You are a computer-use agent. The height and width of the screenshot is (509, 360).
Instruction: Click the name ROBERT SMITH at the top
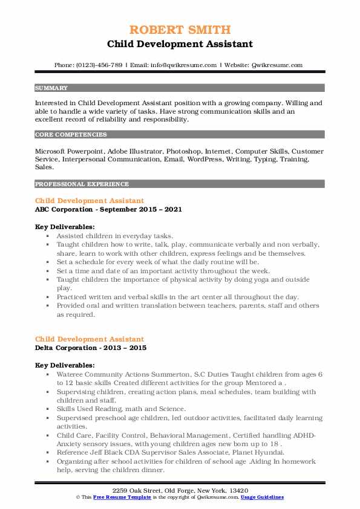pos(180,29)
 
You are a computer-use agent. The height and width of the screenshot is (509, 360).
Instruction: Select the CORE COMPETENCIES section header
pos(62,135)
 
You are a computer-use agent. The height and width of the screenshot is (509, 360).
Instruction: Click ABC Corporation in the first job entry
pos(63,209)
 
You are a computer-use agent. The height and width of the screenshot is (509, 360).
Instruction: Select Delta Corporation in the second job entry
pos(65,348)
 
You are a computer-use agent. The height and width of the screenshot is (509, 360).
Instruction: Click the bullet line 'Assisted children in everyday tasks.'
pos(115,235)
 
